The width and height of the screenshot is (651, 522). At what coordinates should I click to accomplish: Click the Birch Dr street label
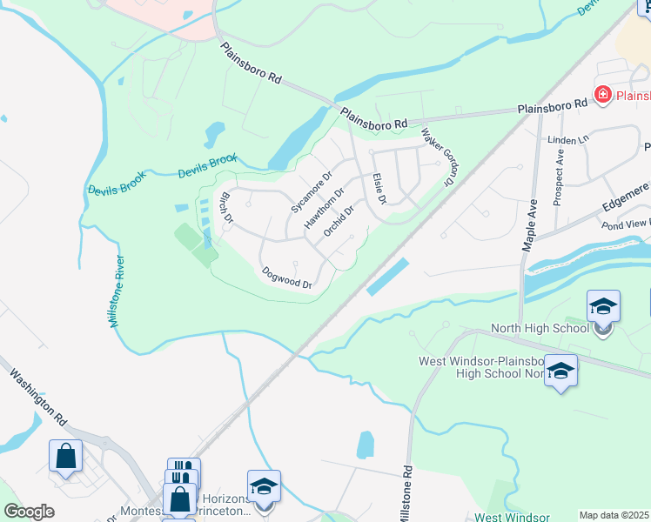tap(225, 206)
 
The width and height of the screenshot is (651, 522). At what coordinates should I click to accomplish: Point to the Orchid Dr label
tap(339, 221)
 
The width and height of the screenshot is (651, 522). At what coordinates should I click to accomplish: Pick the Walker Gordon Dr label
tap(439, 157)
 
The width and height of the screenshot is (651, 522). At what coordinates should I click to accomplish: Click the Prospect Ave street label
tap(559, 180)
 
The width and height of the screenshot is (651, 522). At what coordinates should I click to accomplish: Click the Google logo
tap(29, 512)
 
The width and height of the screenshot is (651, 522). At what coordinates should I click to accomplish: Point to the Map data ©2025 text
tap(613, 515)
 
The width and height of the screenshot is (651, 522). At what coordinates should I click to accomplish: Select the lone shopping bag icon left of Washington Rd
tap(65, 455)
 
